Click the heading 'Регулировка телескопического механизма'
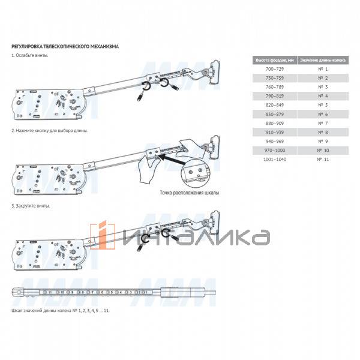coord(65,46)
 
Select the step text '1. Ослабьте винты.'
coord(30,55)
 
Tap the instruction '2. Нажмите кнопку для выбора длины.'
coord(50,130)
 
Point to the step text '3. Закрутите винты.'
coord(31,206)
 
